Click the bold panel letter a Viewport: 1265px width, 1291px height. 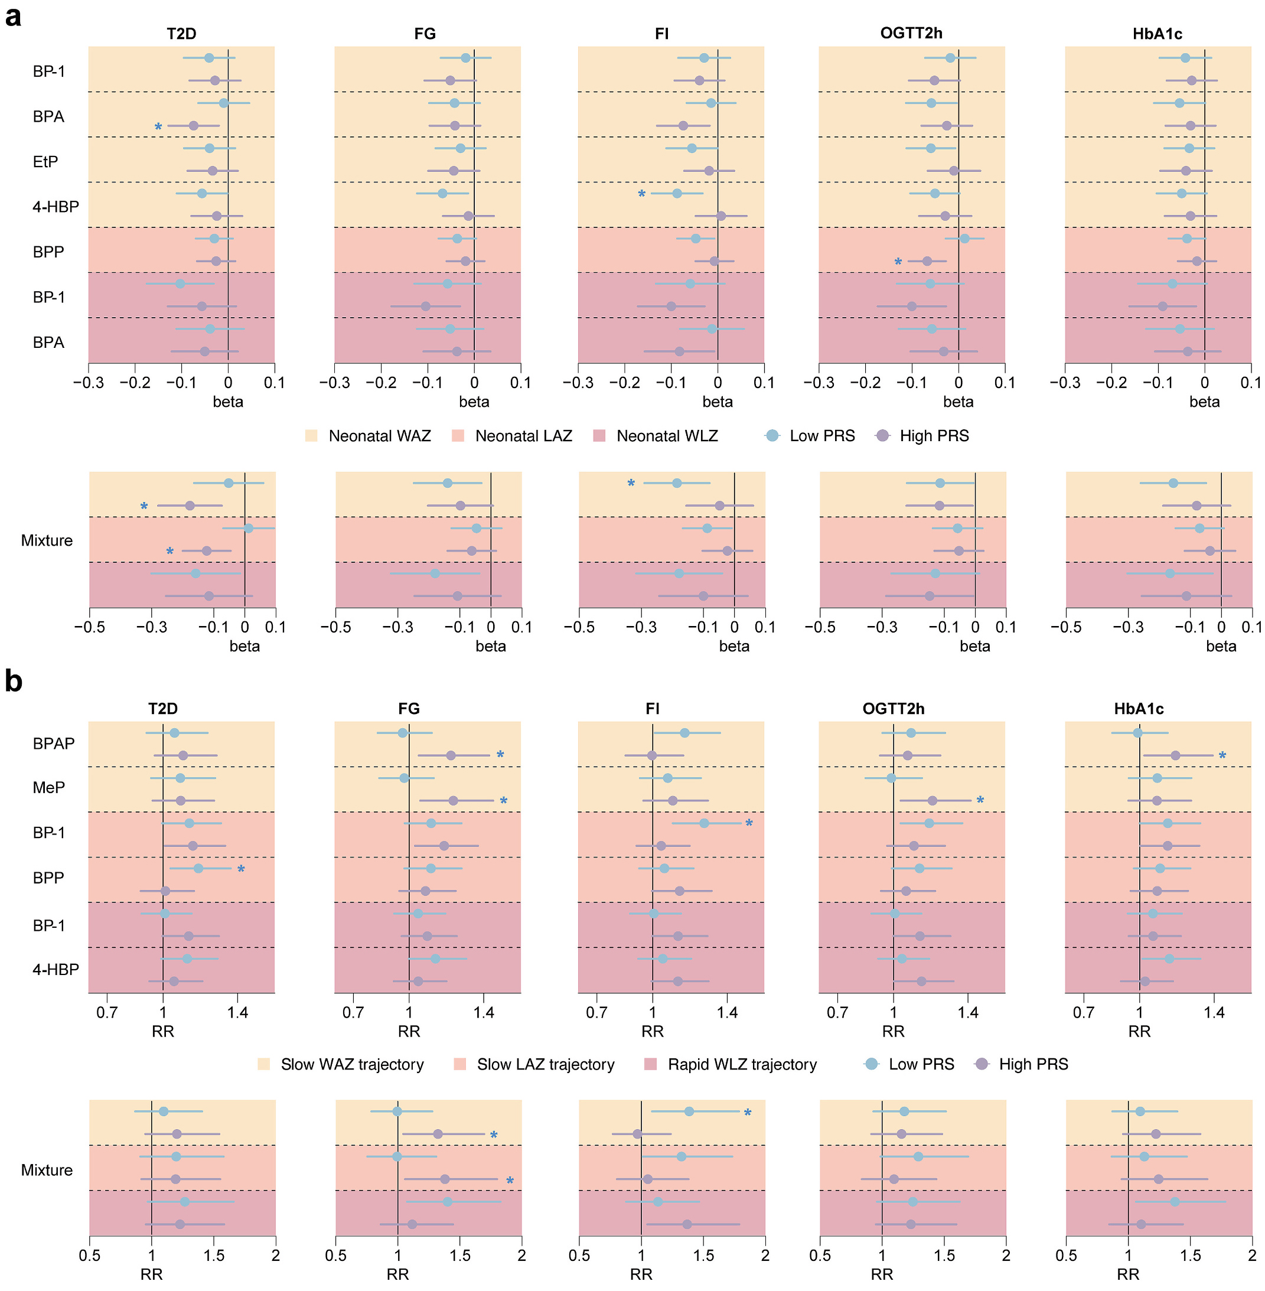12,16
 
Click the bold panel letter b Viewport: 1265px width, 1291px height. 13,681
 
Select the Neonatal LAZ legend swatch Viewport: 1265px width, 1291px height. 458,436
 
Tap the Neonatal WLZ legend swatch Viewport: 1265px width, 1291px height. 599,436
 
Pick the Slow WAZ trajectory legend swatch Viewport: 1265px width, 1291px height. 264,1064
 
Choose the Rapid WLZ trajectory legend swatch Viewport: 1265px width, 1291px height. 650,1064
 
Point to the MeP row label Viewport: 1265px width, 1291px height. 48,787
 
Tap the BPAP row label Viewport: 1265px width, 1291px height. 54,744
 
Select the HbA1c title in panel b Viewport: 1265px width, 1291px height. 1139,709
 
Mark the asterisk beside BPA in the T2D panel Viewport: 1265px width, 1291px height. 158,127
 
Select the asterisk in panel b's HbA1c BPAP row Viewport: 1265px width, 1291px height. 1222,756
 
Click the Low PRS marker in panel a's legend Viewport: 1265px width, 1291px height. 772,436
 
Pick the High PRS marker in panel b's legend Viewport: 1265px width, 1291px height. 982,1064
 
